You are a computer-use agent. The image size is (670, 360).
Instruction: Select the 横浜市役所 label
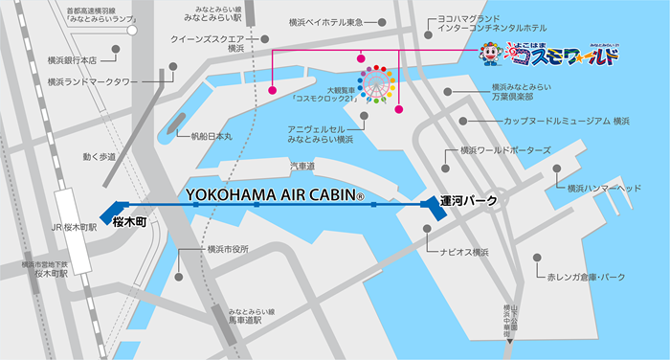click(228, 249)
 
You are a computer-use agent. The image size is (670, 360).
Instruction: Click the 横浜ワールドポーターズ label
click(505, 150)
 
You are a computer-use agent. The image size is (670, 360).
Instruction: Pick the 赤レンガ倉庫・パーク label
click(586, 277)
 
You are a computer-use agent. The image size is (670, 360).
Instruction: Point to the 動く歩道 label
click(99, 156)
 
